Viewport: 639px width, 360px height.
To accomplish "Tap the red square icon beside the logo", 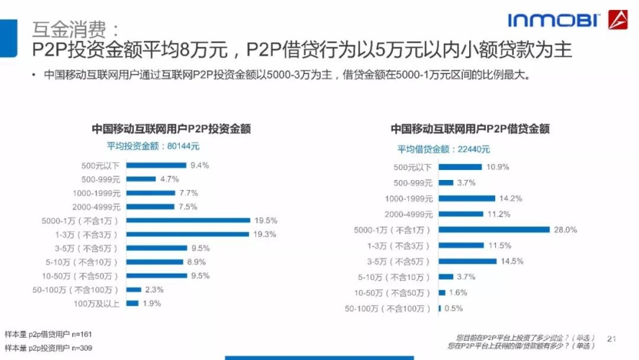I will pyautogui.click(x=618, y=20).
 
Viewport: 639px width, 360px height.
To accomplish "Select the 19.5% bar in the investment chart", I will pyautogui.click(x=189, y=220).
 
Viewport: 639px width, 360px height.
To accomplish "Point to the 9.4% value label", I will pyautogui.click(x=199, y=165).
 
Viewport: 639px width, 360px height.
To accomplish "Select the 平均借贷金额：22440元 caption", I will pyautogui.click(x=444, y=149).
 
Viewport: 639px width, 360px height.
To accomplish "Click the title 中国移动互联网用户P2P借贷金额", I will pyautogui.click(x=470, y=129).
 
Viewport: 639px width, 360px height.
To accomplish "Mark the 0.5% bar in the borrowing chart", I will pyautogui.click(x=440, y=309).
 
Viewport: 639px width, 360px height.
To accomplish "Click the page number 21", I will pyautogui.click(x=612, y=338).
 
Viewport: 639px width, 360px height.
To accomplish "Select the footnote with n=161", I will pyautogui.click(x=48, y=335).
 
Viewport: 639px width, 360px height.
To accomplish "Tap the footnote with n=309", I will pyautogui.click(x=48, y=348).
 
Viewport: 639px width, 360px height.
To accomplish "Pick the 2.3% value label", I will pyautogui.click(x=154, y=289).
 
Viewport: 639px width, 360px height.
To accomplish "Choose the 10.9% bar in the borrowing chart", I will pyautogui.click(x=461, y=167).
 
